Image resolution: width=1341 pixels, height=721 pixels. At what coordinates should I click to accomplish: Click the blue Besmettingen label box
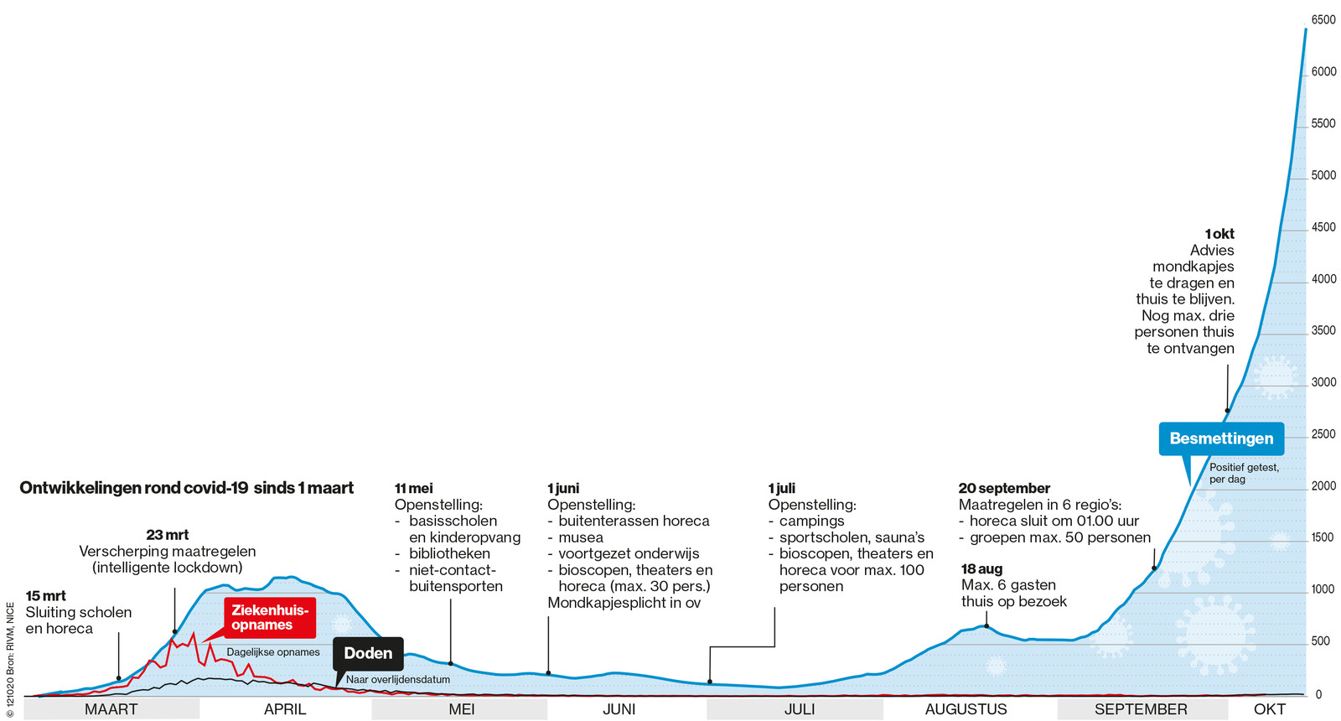(x=1221, y=438)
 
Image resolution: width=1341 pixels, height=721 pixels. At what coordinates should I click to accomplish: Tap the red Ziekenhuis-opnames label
(x=270, y=618)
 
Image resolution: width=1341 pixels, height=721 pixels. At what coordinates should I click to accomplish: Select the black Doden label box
(x=368, y=653)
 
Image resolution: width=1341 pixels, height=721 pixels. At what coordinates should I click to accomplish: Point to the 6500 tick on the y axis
(x=1323, y=20)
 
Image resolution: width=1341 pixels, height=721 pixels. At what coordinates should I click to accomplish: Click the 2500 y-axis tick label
(x=1323, y=434)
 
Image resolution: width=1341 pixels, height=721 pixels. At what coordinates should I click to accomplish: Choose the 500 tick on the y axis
(x=1320, y=641)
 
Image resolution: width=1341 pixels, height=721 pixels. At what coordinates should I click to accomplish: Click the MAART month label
(x=111, y=709)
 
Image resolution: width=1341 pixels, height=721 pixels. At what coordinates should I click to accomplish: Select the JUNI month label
(x=619, y=709)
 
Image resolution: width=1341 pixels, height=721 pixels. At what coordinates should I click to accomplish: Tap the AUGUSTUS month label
(x=966, y=709)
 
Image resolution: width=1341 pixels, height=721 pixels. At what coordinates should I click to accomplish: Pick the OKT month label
(x=1269, y=709)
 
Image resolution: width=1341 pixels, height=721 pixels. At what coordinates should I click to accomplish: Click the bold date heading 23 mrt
(x=167, y=535)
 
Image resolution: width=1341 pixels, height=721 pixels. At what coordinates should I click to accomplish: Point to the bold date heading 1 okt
(x=1219, y=234)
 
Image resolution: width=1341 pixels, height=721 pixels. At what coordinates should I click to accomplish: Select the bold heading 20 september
(x=1004, y=488)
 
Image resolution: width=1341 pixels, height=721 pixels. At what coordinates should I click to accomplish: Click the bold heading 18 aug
(x=981, y=569)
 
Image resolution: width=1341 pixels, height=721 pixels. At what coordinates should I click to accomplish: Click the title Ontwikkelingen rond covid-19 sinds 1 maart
(x=186, y=488)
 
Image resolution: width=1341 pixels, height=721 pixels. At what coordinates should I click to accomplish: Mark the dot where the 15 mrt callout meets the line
(x=119, y=678)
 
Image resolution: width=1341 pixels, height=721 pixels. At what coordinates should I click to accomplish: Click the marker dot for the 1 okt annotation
(x=1227, y=411)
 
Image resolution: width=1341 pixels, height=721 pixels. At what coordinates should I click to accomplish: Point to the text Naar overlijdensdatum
(x=398, y=680)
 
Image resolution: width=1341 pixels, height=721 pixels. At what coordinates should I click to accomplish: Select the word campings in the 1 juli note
(x=811, y=521)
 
